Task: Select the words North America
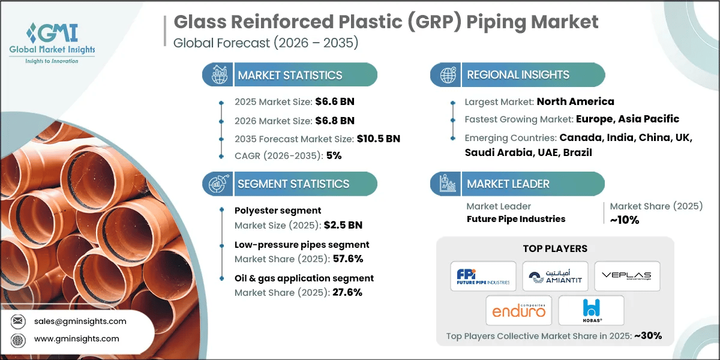tap(575, 101)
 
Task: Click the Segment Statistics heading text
tap(293, 184)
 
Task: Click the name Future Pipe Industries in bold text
tap(515, 219)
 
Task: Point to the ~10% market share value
tap(625, 220)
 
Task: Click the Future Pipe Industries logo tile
tap(483, 276)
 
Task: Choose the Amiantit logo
tap(555, 276)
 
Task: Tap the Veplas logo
tap(627, 276)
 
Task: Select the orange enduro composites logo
tap(519, 310)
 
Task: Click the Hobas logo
tap(591, 310)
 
